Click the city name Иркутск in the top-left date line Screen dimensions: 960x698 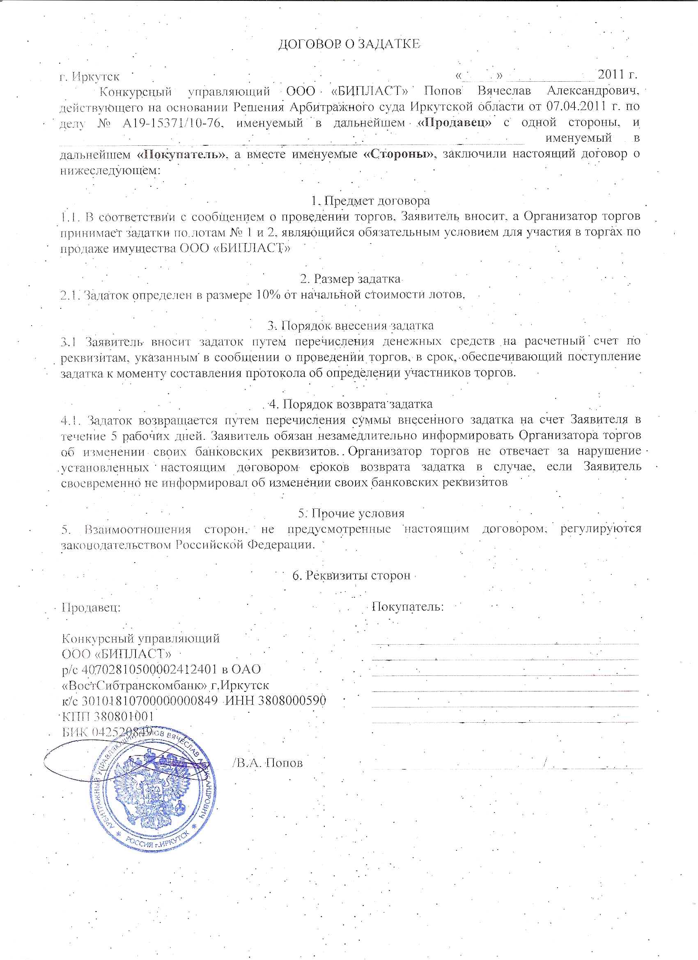pos(96,77)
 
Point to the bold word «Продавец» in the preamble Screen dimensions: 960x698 pos(454,123)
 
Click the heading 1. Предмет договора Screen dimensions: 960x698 pos(370,201)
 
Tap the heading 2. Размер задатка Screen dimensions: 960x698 pos(351,279)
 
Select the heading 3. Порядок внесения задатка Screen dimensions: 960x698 pos(350,326)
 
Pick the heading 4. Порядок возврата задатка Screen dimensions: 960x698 pos(351,404)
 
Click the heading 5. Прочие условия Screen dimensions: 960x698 pos(351,513)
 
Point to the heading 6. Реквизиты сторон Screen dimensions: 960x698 pos(351,576)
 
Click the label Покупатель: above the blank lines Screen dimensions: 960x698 pos(408,607)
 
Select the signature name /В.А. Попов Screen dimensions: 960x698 pos(268,763)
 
